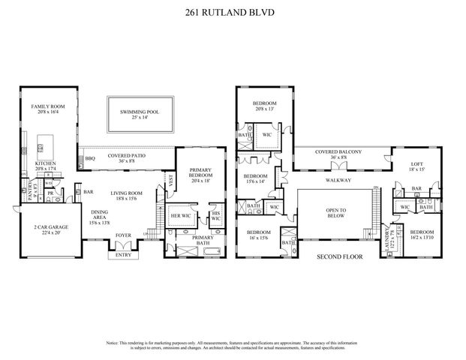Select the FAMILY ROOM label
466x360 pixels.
pos(49,107)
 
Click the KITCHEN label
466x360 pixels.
pos(45,163)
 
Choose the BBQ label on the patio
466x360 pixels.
pos(90,158)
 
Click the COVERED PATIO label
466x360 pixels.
pos(126,155)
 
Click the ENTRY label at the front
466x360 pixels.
pos(122,255)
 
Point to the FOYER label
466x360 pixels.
pos(122,235)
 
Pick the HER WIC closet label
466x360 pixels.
pos(180,214)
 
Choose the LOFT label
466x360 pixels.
pos(416,164)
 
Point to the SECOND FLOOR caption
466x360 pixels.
pos(333,255)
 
